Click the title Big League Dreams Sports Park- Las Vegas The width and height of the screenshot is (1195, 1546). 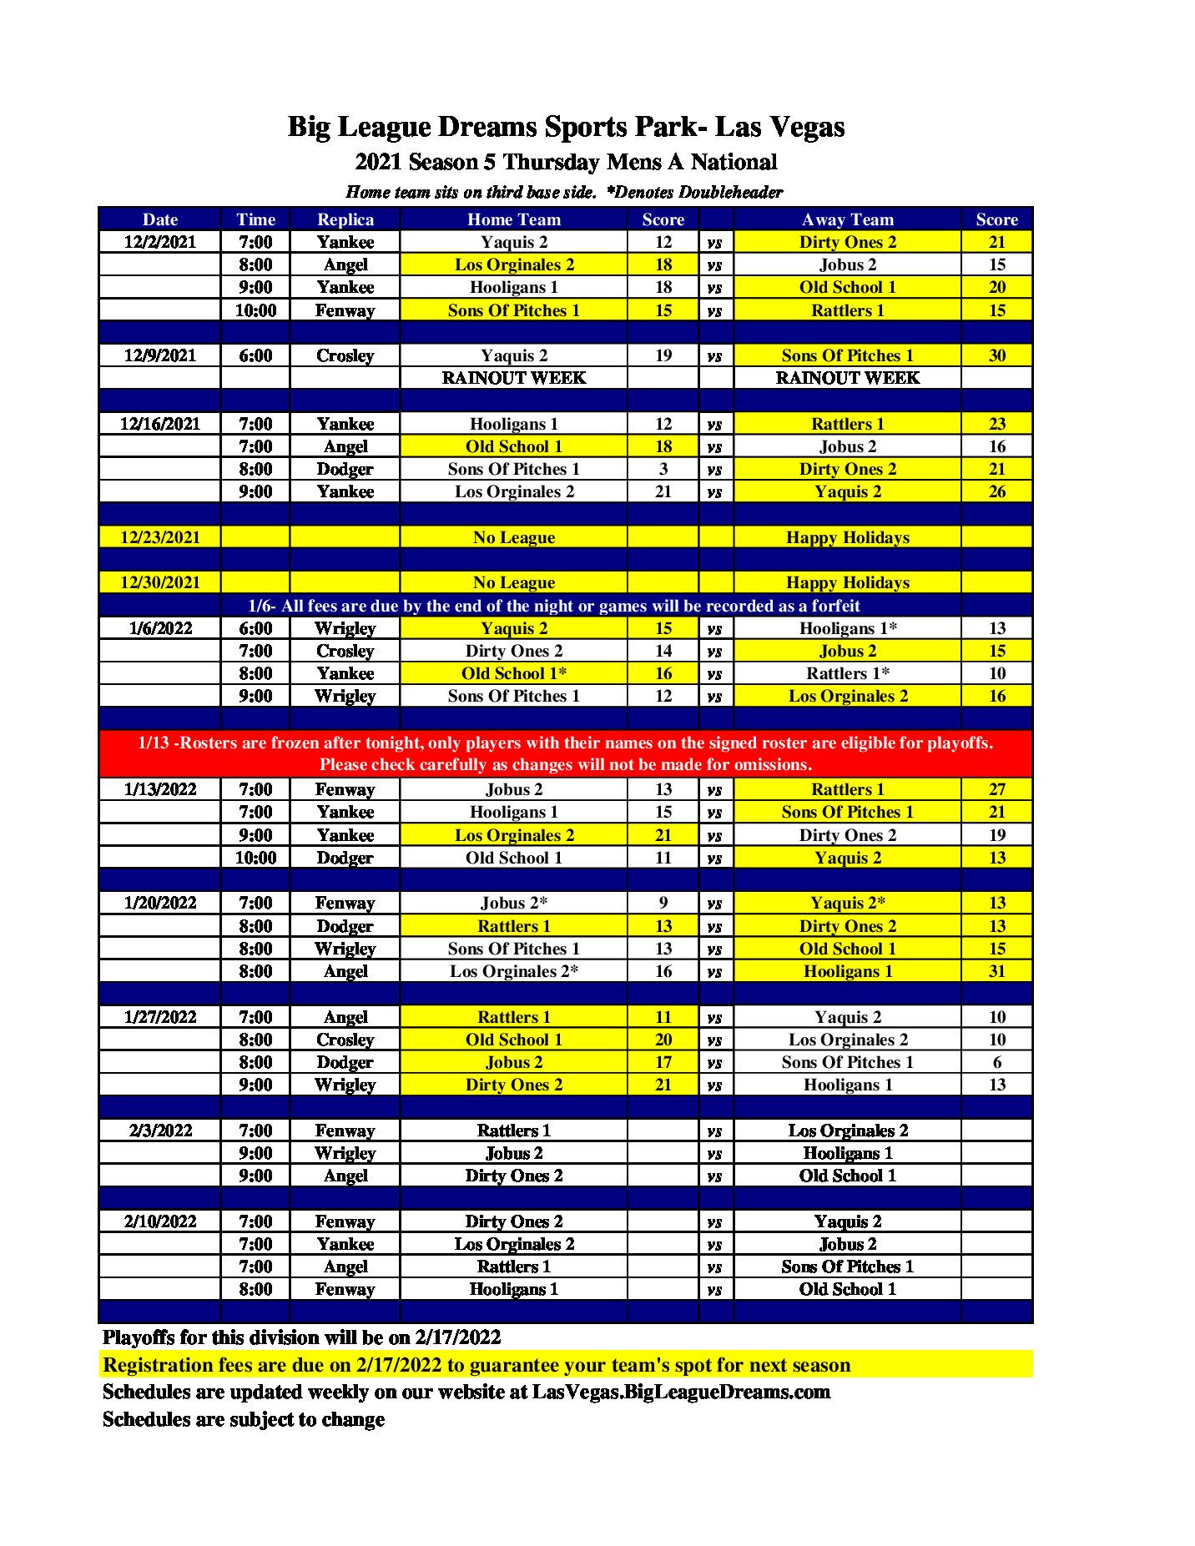click(566, 127)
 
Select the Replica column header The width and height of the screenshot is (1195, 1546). click(345, 219)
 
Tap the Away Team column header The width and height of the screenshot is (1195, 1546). click(847, 219)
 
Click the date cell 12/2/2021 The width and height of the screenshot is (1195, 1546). click(159, 242)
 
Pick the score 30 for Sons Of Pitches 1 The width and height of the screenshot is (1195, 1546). click(996, 355)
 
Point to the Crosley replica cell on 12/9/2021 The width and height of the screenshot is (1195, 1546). click(345, 355)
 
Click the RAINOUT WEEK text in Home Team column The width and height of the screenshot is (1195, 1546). click(513, 378)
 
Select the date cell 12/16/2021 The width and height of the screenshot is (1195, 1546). click(159, 424)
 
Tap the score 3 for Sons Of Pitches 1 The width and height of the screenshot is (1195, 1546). click(663, 469)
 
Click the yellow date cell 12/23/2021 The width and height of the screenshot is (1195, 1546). click(159, 537)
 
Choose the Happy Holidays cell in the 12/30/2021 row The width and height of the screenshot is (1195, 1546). click(847, 582)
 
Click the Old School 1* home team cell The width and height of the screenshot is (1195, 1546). click(513, 673)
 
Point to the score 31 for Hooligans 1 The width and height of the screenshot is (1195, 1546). click(996, 971)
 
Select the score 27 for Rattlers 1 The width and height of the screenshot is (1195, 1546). click(996, 789)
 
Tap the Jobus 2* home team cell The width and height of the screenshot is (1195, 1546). click(513, 903)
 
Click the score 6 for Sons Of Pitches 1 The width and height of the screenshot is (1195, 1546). click(996, 1062)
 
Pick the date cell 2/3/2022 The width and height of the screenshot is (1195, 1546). click(159, 1131)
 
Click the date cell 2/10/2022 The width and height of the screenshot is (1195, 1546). click(159, 1221)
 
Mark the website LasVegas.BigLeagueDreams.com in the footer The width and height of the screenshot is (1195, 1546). click(681, 1392)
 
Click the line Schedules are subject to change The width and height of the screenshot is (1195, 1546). click(244, 1419)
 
